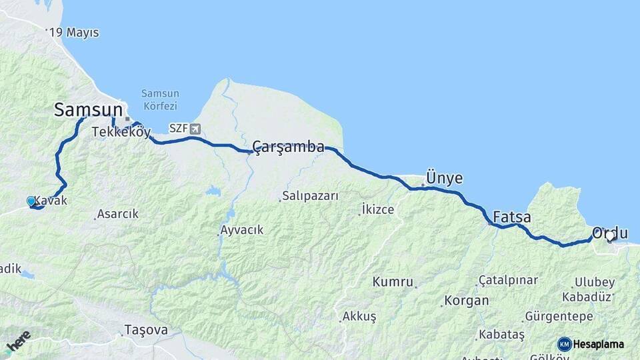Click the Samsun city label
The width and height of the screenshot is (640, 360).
[x=88, y=109]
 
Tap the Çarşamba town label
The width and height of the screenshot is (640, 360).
[x=289, y=147]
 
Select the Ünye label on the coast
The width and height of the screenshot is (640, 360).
[x=445, y=178]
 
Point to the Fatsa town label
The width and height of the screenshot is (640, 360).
[x=512, y=217]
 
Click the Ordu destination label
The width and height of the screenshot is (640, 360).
[x=610, y=233]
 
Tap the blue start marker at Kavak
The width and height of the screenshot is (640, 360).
[x=31, y=201]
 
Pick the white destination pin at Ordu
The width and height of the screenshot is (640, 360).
[x=610, y=236]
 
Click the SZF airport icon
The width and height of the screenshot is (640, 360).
[x=195, y=128]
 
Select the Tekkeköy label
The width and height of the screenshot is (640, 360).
[x=121, y=131]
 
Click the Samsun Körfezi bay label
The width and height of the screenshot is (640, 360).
[x=159, y=100]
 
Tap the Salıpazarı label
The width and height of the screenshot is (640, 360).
[x=311, y=196]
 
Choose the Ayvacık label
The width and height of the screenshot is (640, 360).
[x=242, y=230]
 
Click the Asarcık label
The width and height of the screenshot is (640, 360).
[x=117, y=214]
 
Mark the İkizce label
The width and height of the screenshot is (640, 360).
[x=377, y=209]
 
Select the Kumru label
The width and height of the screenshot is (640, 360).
[x=393, y=281]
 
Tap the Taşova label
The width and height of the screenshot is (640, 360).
[x=146, y=329]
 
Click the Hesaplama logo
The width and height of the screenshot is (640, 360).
[x=591, y=344]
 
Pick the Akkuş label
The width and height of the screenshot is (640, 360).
[x=359, y=316]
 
